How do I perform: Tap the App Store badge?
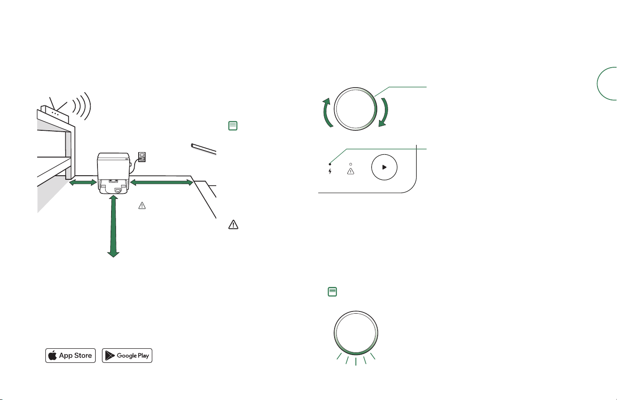[x=71, y=356]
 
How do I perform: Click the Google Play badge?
[x=127, y=356]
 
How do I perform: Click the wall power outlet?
[x=141, y=157]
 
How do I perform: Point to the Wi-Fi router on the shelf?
[x=54, y=114]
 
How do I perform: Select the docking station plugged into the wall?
[x=113, y=173]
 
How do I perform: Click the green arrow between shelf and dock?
[x=83, y=183]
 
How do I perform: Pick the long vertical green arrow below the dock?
[x=113, y=226]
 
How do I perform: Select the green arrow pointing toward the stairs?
[x=161, y=182]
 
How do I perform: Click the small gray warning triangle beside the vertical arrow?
[x=142, y=206]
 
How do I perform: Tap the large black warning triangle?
[x=233, y=225]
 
